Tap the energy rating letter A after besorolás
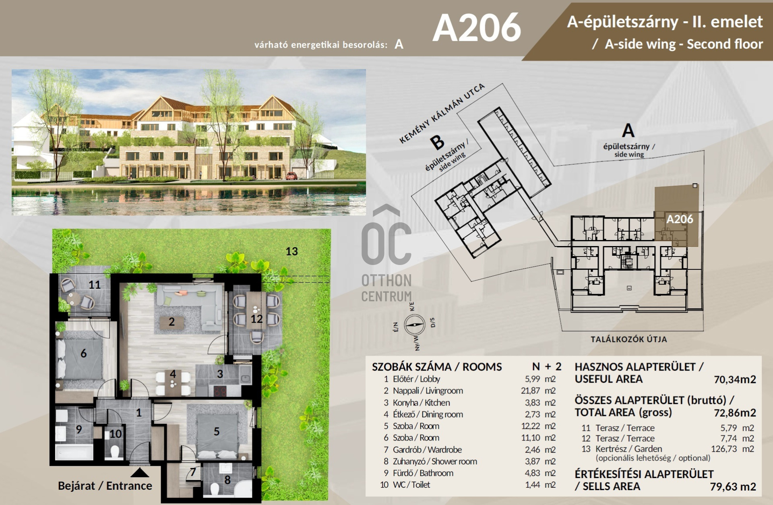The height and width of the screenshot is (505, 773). (399, 44)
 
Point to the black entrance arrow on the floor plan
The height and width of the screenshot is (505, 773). (140, 472)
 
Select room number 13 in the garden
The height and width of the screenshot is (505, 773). (291, 251)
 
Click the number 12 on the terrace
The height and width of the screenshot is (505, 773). (256, 319)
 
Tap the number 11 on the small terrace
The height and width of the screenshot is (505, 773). (95, 285)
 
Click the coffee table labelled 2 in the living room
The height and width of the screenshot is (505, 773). (172, 322)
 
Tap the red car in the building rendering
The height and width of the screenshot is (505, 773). (291, 176)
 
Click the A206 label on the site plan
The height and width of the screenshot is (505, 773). (680, 219)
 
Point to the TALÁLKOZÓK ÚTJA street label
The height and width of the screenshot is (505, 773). (629, 339)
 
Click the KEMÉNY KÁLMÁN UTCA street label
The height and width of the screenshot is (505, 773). (442, 114)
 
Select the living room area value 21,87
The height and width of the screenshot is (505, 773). (530, 391)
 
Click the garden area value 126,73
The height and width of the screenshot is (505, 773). (724, 449)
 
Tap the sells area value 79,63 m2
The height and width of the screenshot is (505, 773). (733, 486)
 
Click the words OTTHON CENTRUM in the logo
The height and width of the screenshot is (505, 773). (386, 288)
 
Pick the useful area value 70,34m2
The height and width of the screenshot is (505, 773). (735, 379)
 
